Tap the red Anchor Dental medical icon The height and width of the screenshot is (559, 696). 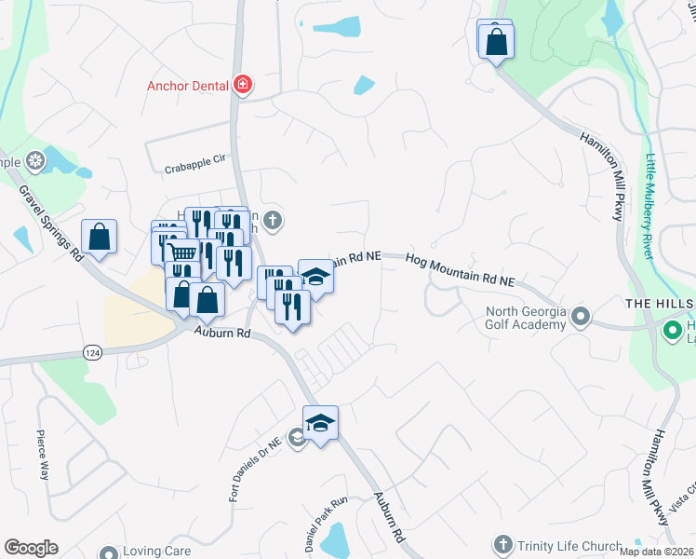[x=243, y=86]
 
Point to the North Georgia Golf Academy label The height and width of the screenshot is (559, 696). [x=526, y=318]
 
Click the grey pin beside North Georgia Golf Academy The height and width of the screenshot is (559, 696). [x=581, y=317]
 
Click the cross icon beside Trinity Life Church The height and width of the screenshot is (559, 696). [x=502, y=543]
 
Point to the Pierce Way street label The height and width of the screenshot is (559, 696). [x=42, y=454]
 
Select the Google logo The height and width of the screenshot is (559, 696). [x=31, y=548]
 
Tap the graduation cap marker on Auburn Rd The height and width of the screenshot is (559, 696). [x=320, y=424]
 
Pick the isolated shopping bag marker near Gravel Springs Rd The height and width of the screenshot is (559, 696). [x=99, y=237]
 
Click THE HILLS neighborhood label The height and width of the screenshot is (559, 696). [x=660, y=305]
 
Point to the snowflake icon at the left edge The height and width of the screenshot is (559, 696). [x=36, y=162]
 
